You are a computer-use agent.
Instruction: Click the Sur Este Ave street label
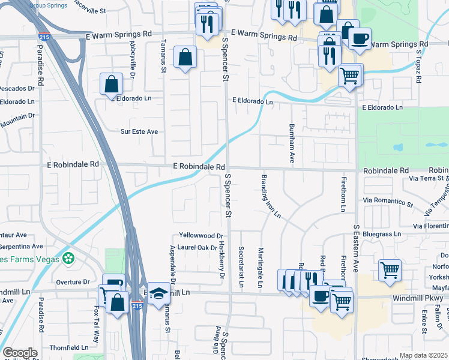pyautogui.click(x=139, y=131)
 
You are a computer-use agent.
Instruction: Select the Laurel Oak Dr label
pyautogui.click(x=197, y=247)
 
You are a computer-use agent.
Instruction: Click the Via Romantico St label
pyautogui.click(x=388, y=203)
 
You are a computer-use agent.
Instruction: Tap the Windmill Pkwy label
pyautogui.click(x=418, y=298)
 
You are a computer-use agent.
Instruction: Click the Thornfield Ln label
pyautogui.click(x=68, y=347)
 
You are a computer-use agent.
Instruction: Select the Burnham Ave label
pyautogui.click(x=292, y=144)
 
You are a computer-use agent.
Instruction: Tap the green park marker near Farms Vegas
pyautogui.click(x=70, y=259)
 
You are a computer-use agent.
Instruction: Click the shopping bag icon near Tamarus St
pyautogui.click(x=185, y=58)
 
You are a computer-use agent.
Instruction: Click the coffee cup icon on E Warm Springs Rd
pyautogui.click(x=360, y=39)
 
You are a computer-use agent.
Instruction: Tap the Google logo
pyautogui.click(x=20, y=353)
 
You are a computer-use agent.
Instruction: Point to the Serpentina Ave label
pyautogui.click(x=21, y=246)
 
